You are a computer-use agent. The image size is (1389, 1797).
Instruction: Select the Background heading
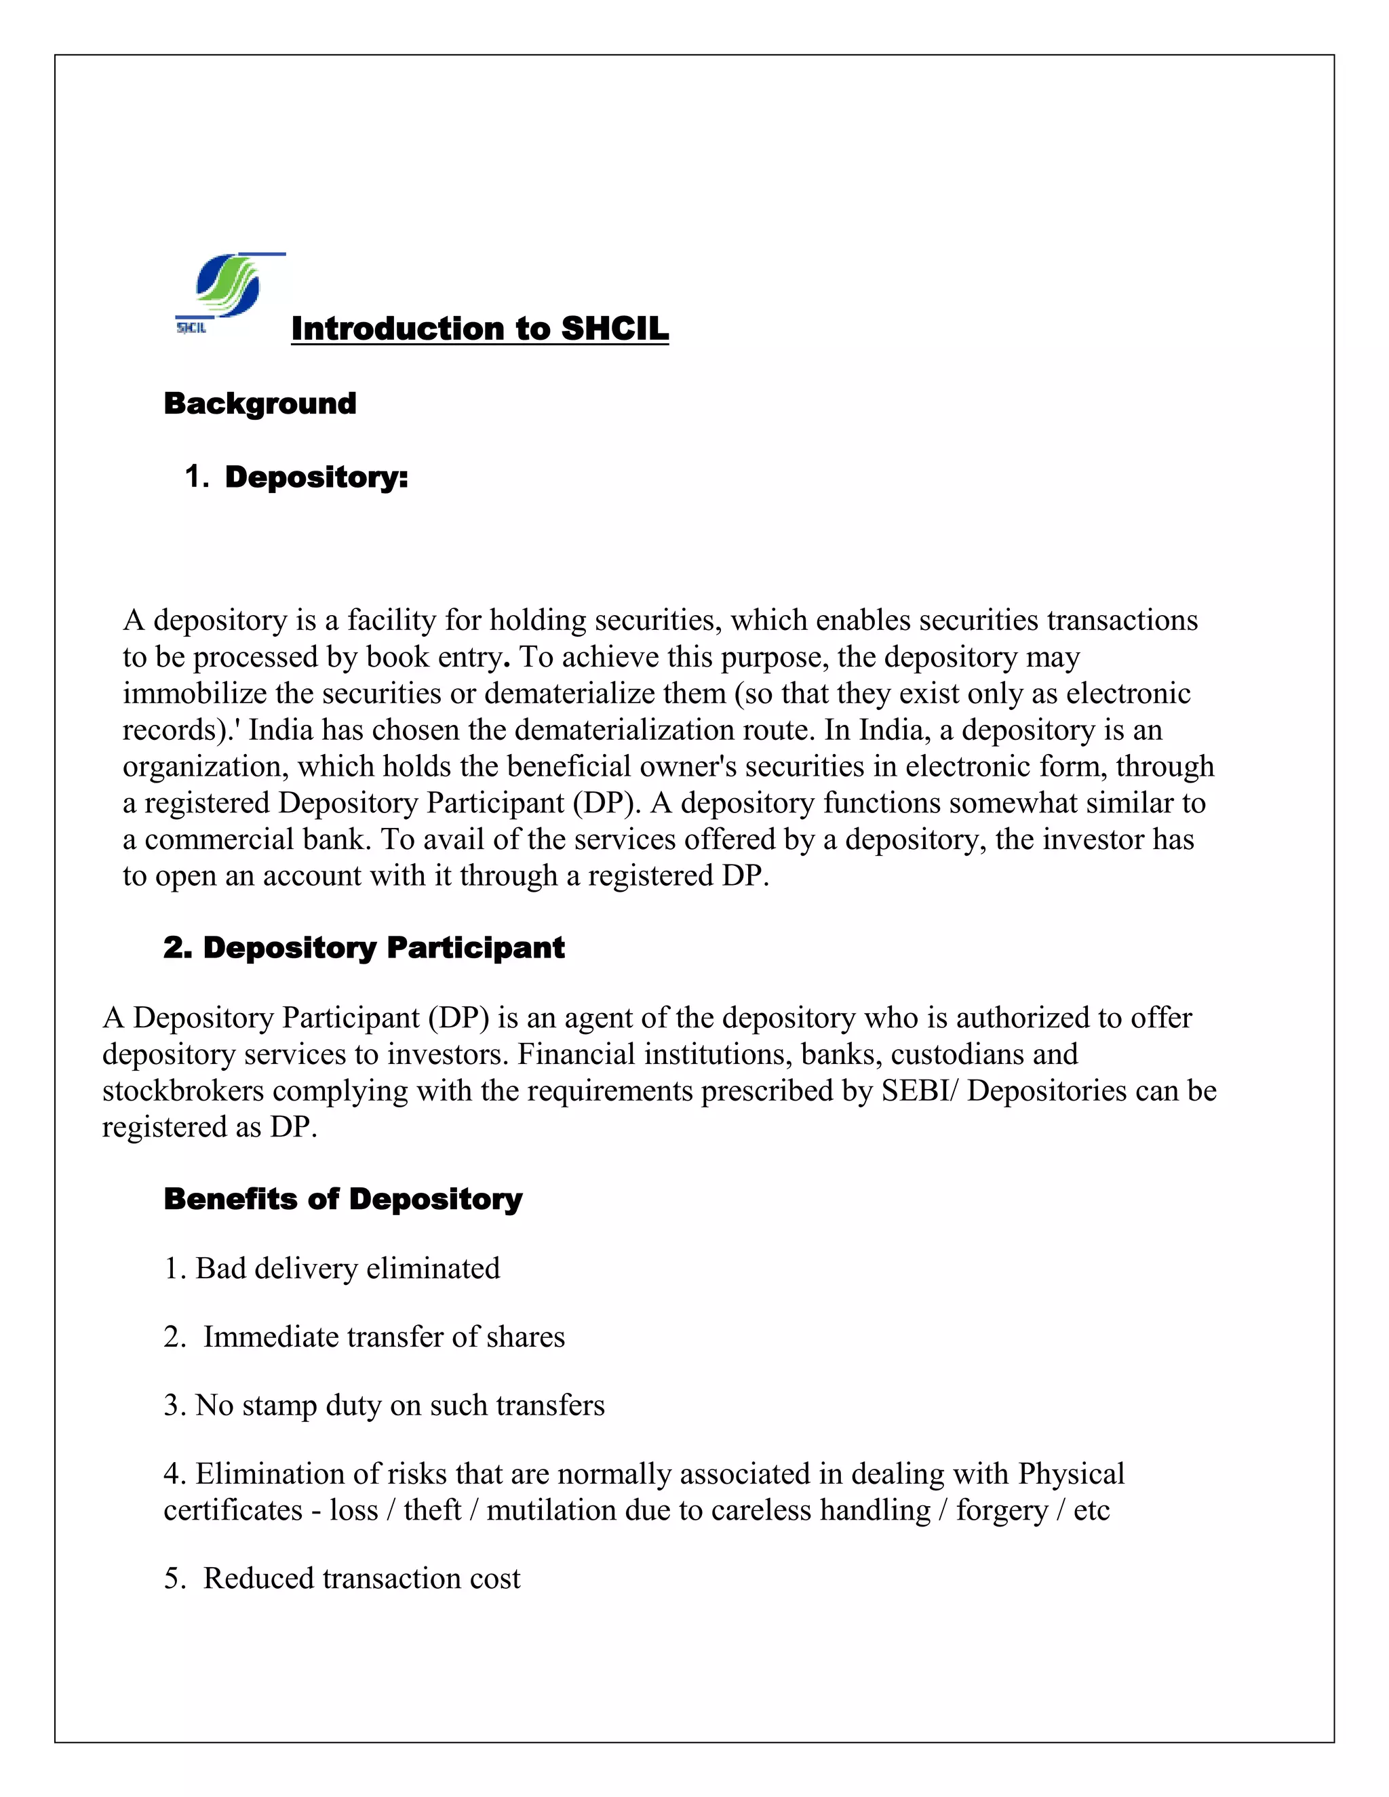coord(260,404)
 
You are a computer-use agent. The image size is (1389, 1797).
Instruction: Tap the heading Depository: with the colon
coord(316,477)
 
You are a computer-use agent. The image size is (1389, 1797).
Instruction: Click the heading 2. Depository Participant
coord(364,948)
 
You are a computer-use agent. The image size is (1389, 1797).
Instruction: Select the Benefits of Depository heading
coord(343,1200)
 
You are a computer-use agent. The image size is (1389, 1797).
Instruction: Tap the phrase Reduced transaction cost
coord(361,1579)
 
